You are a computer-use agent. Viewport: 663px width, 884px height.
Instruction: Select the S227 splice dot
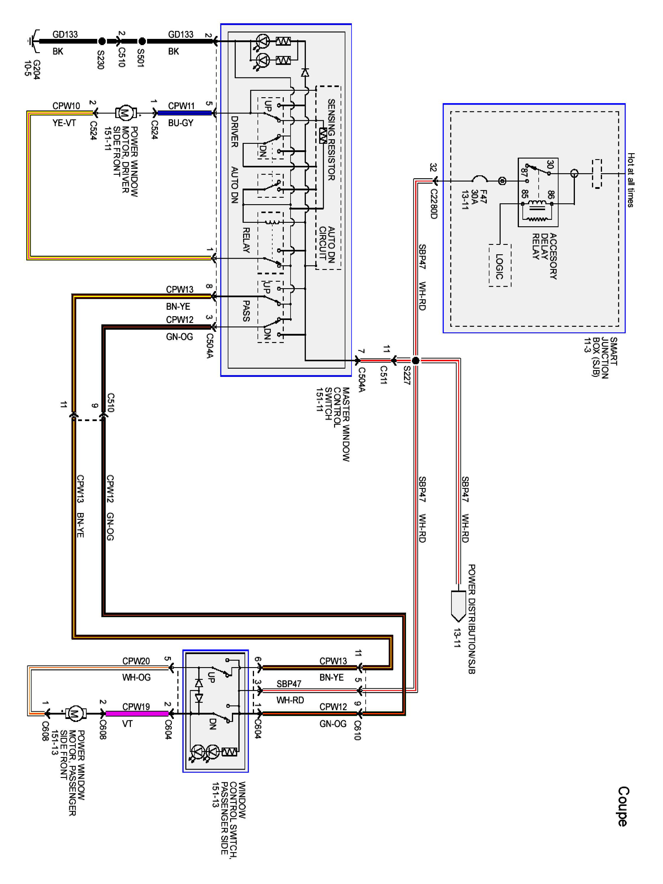pyautogui.click(x=415, y=360)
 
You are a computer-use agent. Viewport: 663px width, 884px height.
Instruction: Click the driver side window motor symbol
pyautogui.click(x=126, y=113)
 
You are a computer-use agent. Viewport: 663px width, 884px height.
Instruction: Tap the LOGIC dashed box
pyautogui.click(x=499, y=266)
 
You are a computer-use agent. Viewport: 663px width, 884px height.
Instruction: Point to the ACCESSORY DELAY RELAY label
pyautogui.click(x=544, y=256)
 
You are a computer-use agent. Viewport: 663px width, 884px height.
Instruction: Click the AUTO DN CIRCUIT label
pyautogui.click(x=326, y=244)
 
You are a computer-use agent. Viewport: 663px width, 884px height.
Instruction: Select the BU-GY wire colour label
pyautogui.click(x=181, y=123)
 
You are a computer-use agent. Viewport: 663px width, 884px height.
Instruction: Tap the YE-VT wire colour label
pyautogui.click(x=64, y=123)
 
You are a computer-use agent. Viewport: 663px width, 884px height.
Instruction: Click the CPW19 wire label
pyautogui.click(x=136, y=707)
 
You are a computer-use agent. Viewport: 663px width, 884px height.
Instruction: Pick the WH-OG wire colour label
pyautogui.click(x=136, y=677)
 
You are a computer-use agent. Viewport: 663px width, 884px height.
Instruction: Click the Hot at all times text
pyautogui.click(x=631, y=180)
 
